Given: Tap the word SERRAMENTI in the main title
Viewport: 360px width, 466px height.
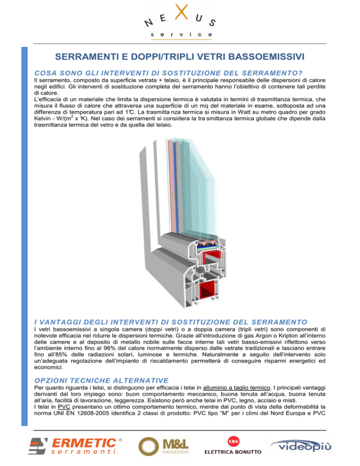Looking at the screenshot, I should point(92,57).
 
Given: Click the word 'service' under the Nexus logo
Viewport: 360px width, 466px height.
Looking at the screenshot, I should point(180,35).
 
